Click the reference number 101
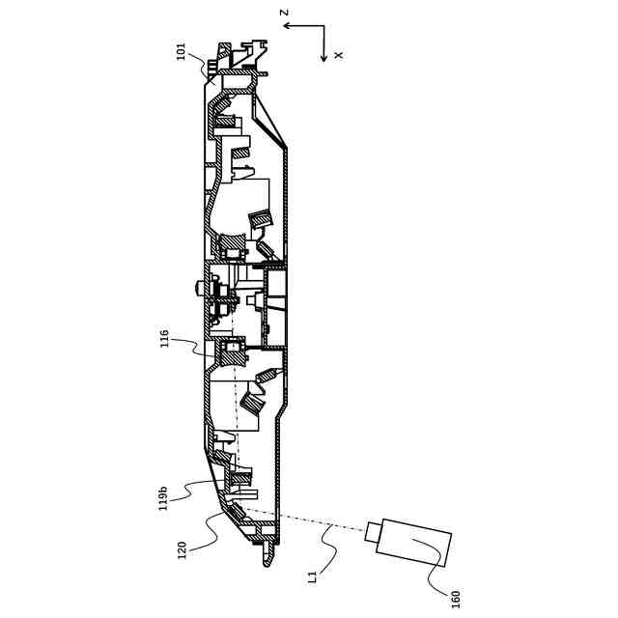(x=181, y=50)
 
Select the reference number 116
(x=164, y=339)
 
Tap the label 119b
(x=164, y=497)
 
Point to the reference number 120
(x=182, y=549)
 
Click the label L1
(x=312, y=576)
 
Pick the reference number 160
(x=455, y=599)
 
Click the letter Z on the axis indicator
(x=284, y=13)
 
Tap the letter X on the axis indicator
(x=338, y=56)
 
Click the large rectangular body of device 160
(x=415, y=542)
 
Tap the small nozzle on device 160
(x=373, y=529)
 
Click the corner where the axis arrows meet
(x=325, y=26)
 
